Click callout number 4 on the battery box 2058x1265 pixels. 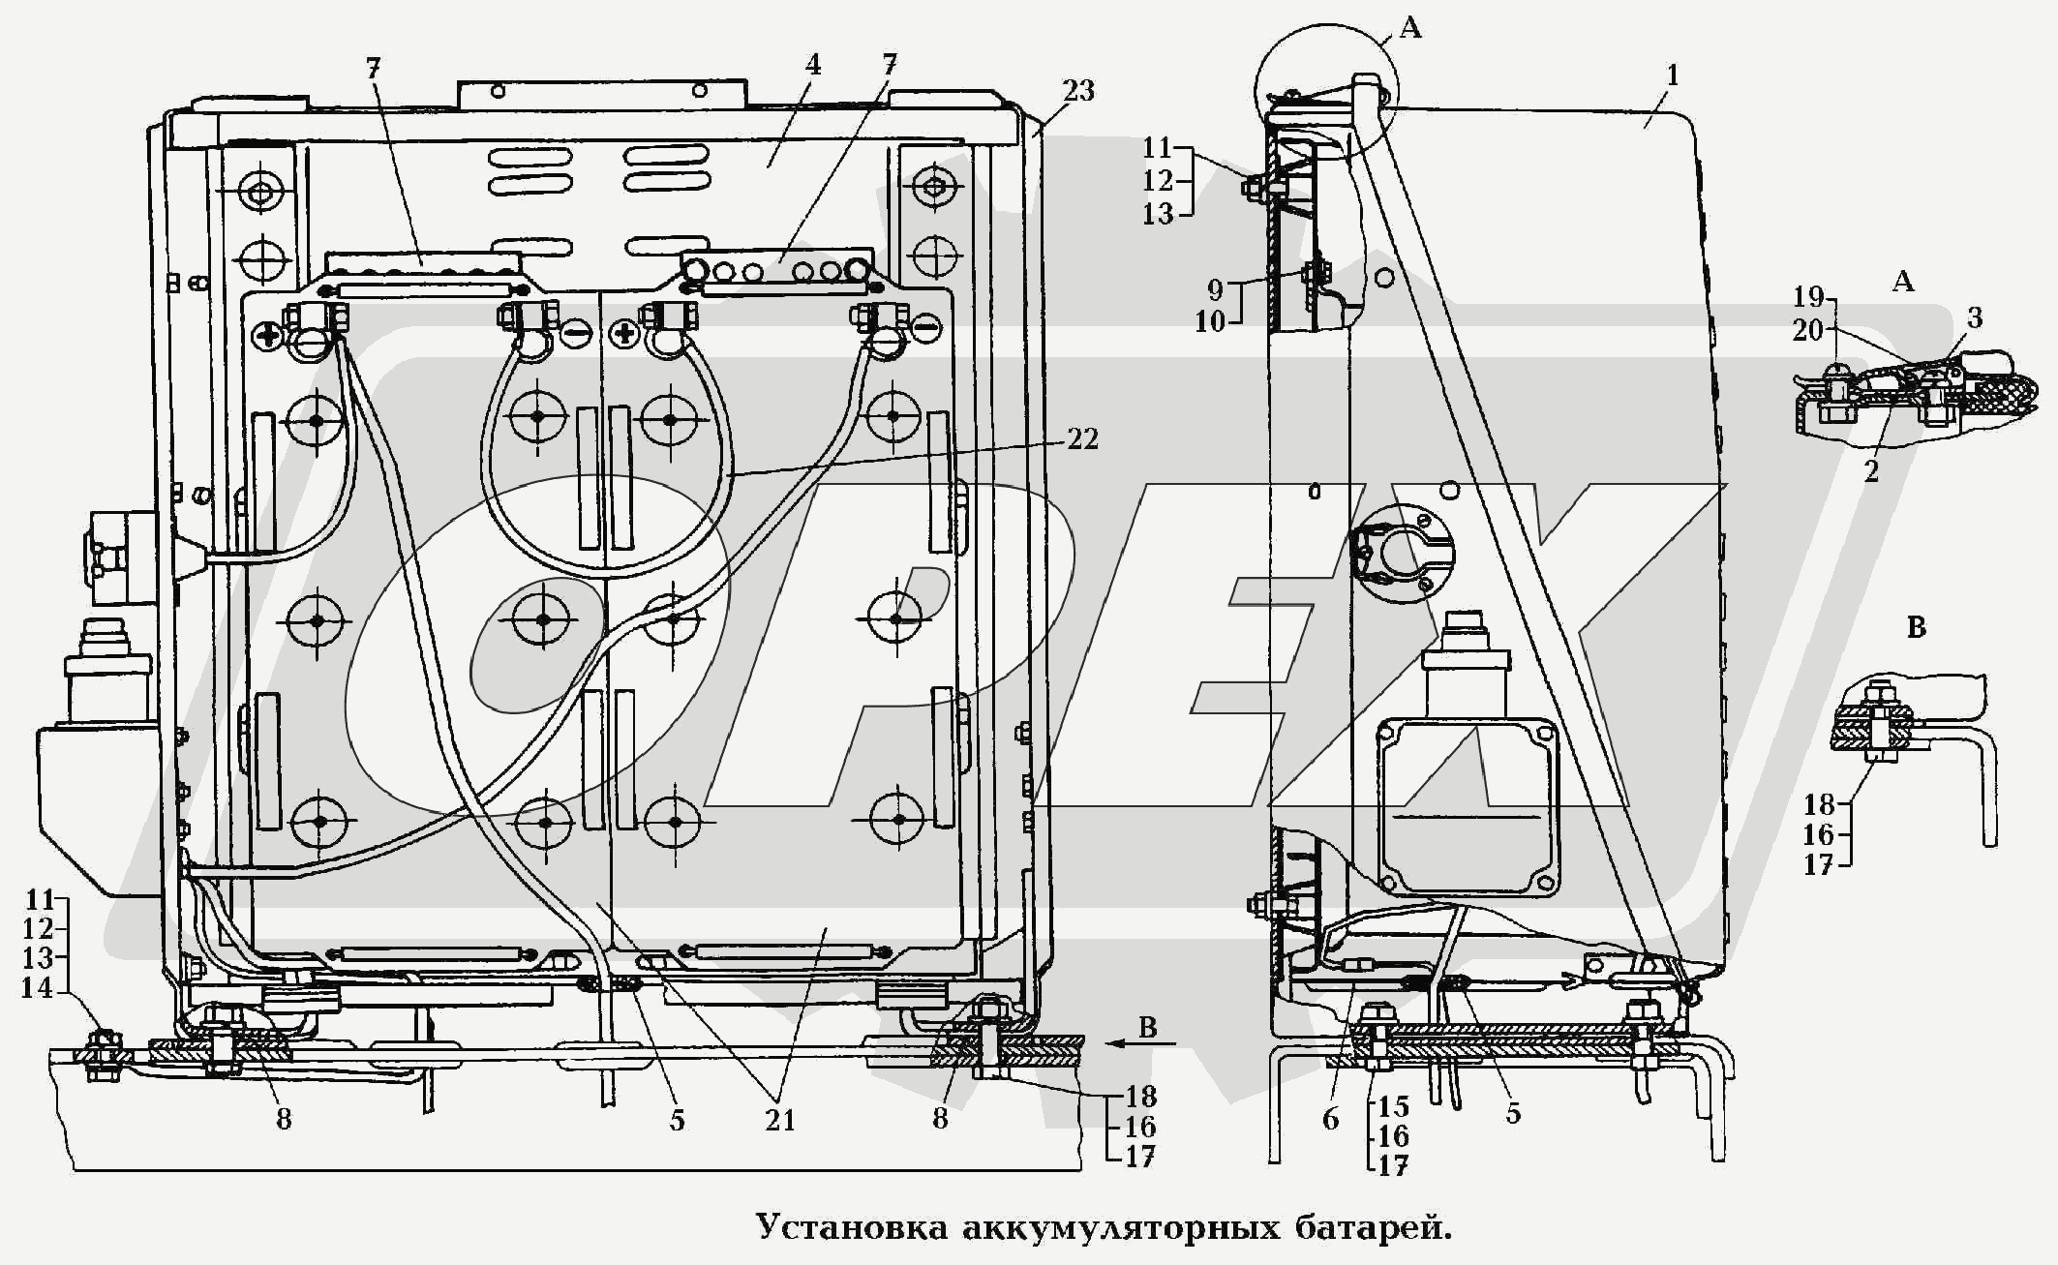(x=813, y=66)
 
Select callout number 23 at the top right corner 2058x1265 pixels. (x=1078, y=90)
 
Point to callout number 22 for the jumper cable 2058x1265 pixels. (x=1082, y=439)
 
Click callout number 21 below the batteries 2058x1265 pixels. (x=780, y=1120)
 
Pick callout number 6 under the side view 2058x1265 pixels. (x=1331, y=1120)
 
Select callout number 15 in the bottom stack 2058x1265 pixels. (x=1394, y=1106)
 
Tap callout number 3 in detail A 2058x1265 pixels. (x=1975, y=317)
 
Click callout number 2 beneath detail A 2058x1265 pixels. (x=1871, y=471)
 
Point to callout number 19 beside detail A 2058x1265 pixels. (x=1807, y=297)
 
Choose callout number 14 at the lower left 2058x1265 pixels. (x=37, y=988)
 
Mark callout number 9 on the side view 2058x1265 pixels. (x=1215, y=289)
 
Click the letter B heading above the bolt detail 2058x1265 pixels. (x=1916, y=628)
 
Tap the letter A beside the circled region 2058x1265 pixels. (x=1410, y=29)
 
